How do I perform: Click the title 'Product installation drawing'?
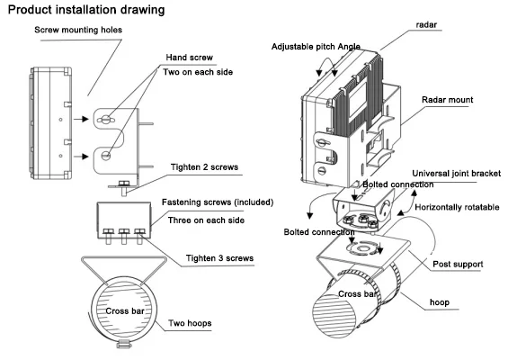[x=86, y=11]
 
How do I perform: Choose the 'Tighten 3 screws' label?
[x=219, y=258]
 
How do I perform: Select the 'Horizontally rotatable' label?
[x=458, y=207]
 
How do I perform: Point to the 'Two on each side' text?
[x=202, y=72]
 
